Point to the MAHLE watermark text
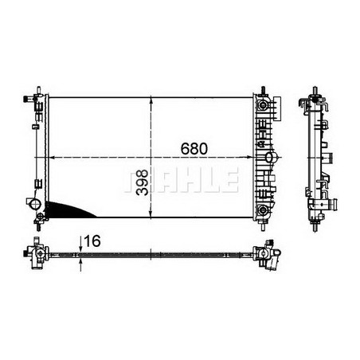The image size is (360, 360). click(x=182, y=180)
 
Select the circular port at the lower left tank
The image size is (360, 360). click(x=36, y=205)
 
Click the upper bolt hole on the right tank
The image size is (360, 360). click(x=262, y=103)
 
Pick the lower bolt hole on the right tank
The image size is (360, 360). click(x=262, y=209)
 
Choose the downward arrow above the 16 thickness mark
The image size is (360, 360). click(x=80, y=245)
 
